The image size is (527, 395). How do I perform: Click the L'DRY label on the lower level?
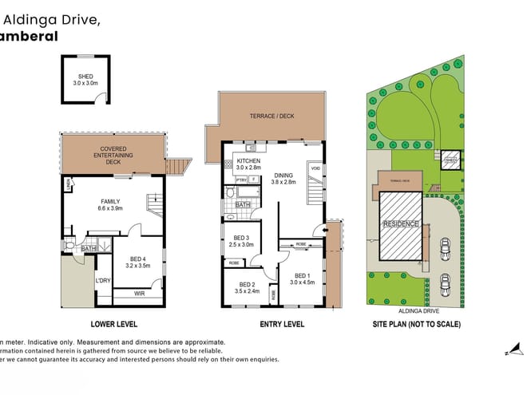tap(102, 281)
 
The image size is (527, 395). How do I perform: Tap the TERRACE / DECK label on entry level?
tap(271, 117)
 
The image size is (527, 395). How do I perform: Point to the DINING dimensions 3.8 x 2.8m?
tap(283, 183)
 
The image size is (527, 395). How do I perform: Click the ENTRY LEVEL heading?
tap(282, 324)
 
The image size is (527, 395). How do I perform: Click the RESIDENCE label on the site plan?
tap(401, 224)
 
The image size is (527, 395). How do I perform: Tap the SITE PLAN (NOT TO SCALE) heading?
tap(416, 324)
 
